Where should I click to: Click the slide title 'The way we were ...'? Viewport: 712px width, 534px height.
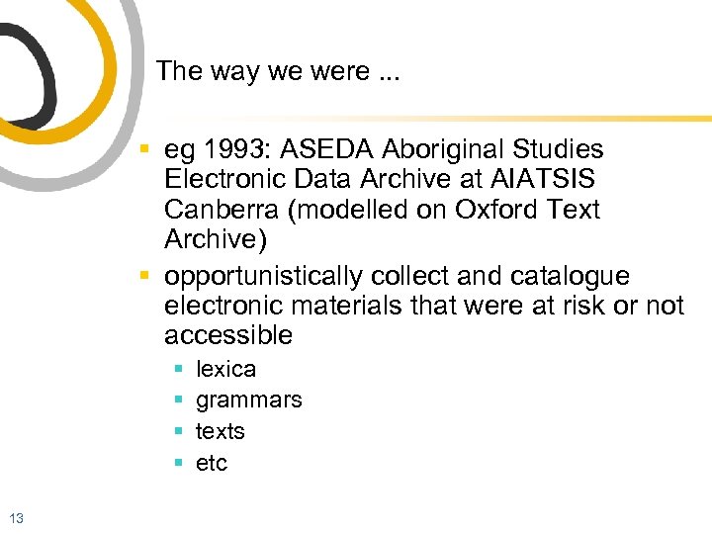278,71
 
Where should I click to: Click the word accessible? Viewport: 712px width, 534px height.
228,336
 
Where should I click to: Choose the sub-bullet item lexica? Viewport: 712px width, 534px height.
225,369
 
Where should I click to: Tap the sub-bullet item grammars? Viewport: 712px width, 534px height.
248,400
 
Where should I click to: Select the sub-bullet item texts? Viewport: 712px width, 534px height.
220,431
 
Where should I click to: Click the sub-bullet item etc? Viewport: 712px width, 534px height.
211,463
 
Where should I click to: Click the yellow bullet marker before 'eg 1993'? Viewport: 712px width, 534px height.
144,150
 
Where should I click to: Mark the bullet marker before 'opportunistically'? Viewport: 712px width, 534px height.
144,275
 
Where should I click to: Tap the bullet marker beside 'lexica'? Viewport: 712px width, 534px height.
178,369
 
